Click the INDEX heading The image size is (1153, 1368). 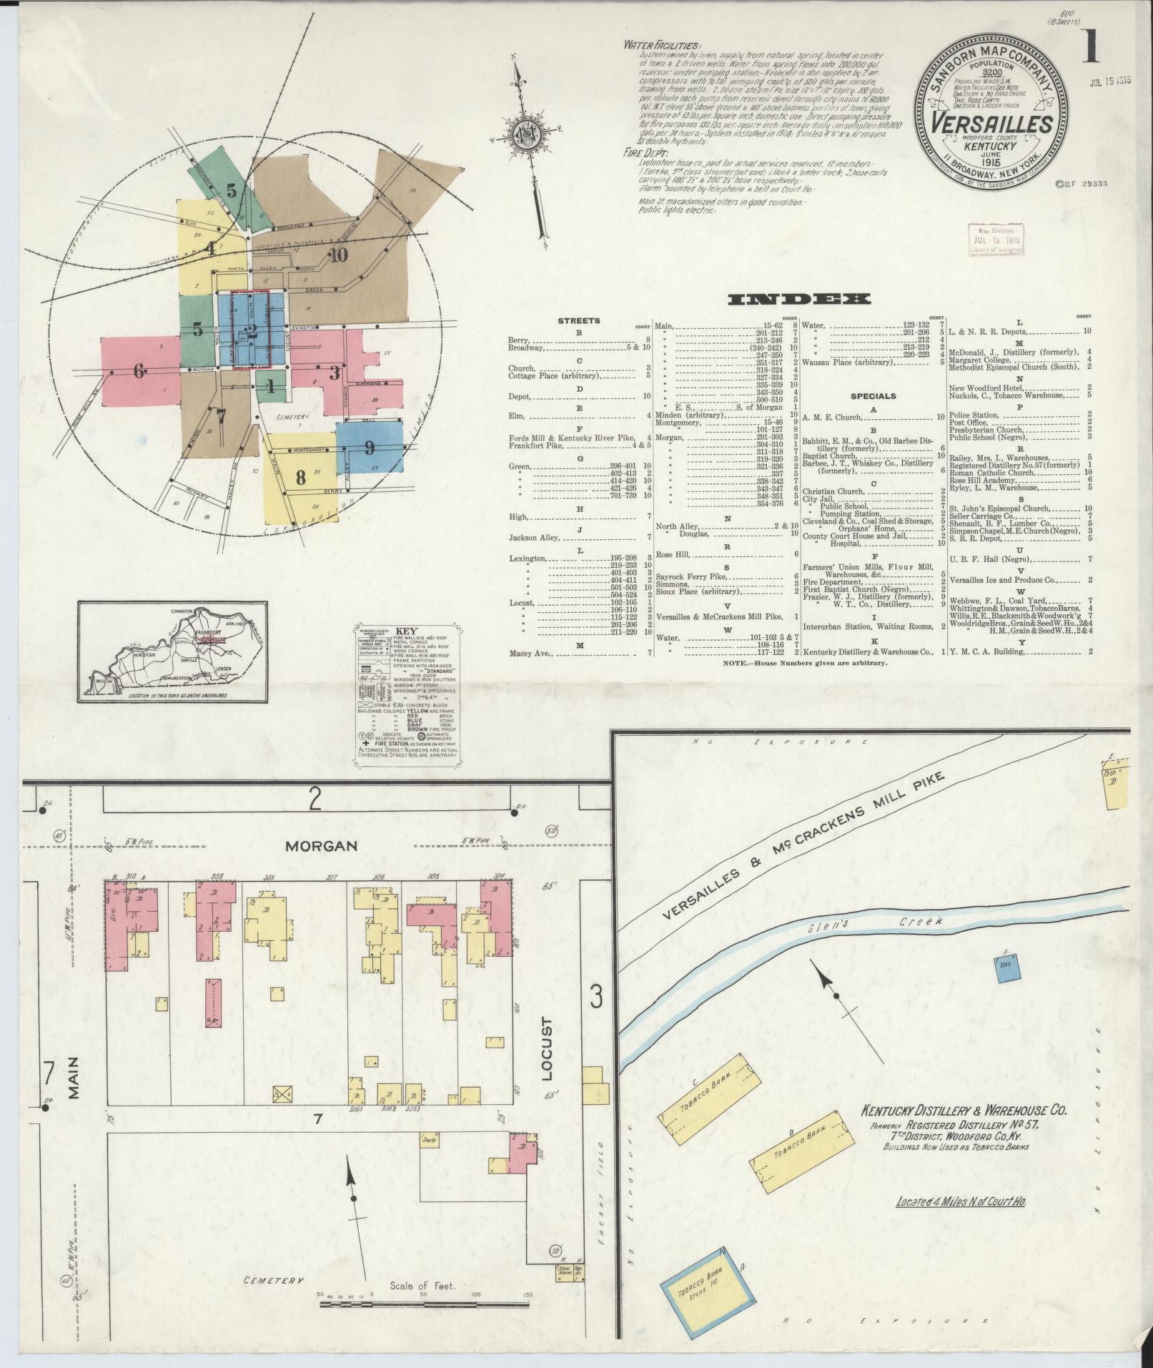[798, 300]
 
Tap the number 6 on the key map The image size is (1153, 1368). [139, 370]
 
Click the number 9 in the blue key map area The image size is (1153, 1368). [369, 448]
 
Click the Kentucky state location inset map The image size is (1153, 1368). [174, 652]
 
